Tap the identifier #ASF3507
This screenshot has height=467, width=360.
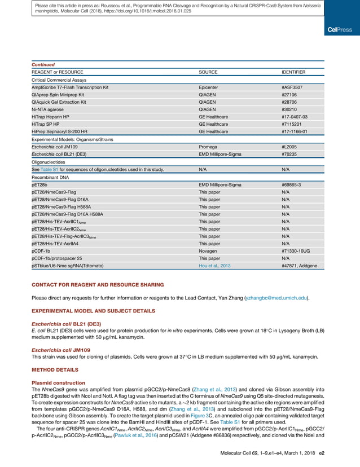point(292,88)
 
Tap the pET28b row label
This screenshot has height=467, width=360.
point(39,184)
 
